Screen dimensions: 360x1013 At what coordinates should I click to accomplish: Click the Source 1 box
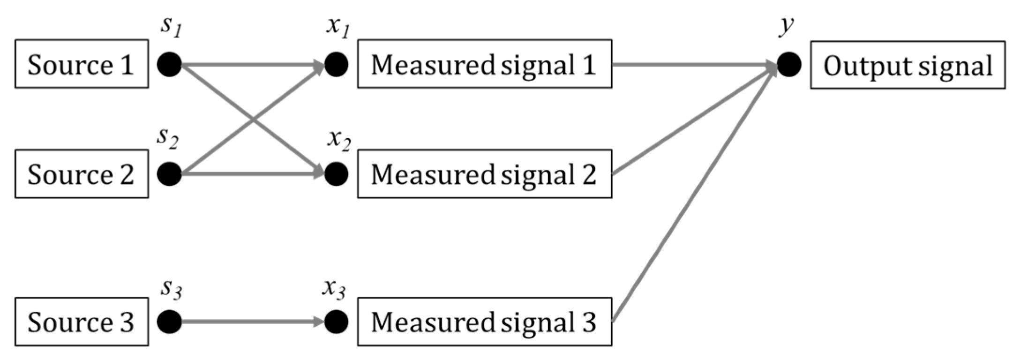coord(82,64)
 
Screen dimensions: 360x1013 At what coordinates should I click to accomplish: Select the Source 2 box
coord(82,174)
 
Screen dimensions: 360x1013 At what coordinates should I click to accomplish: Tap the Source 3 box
coord(82,322)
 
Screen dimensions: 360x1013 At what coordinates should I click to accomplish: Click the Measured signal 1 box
coord(484,64)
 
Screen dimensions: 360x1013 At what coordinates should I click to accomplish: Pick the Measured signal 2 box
coord(484,174)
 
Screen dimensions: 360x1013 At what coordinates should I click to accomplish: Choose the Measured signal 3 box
coord(484,322)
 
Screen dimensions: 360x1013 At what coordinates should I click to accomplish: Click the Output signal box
coord(908,65)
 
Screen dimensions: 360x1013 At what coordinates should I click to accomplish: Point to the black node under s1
coord(169,64)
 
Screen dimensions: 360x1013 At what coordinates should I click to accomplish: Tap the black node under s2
coord(169,174)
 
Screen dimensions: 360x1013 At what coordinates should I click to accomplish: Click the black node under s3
coord(169,322)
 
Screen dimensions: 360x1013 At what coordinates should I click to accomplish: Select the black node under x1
coord(336,64)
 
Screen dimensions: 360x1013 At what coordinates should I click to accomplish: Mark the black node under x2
coord(336,174)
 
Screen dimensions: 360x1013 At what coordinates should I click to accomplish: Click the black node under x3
coord(336,322)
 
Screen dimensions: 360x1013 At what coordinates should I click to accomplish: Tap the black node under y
coord(789,65)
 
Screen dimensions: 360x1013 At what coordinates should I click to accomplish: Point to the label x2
coord(339,140)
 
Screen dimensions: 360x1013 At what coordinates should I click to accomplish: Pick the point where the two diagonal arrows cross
coord(254,119)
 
